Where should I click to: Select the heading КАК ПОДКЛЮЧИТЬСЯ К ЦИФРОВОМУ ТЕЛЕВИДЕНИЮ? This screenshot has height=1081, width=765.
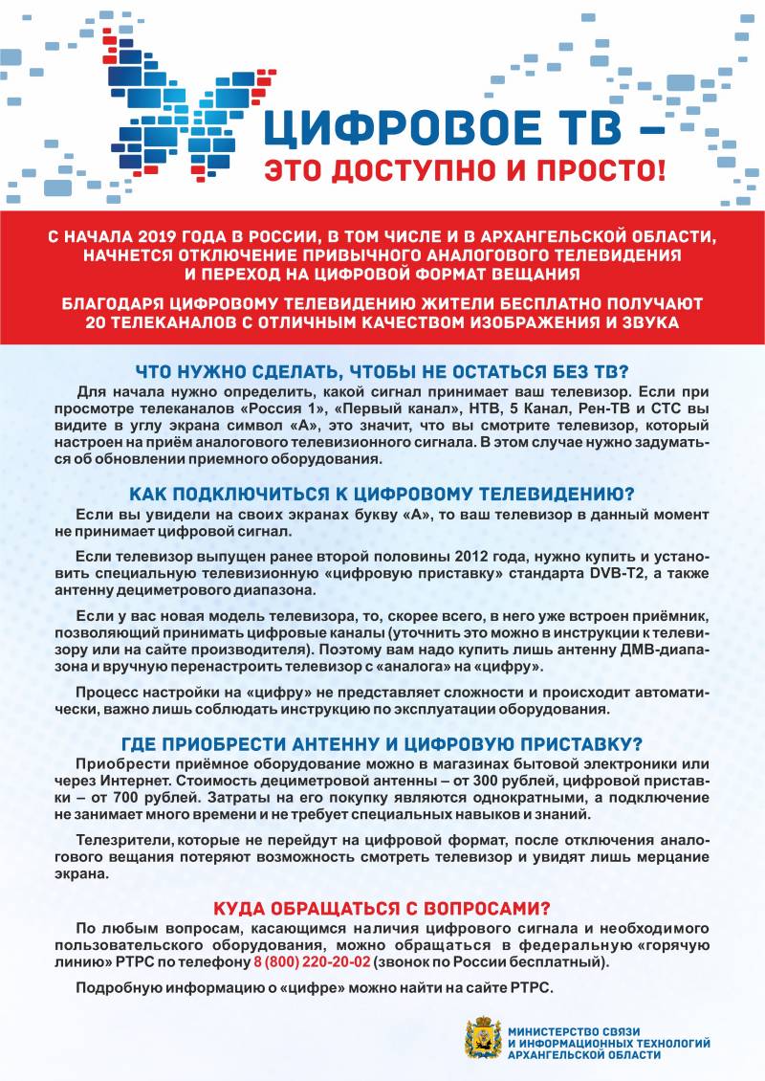(382, 494)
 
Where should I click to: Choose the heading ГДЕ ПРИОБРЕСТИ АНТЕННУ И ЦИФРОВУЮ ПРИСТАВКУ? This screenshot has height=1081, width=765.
(382, 743)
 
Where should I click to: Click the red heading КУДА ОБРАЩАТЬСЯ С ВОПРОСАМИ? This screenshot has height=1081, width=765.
(382, 908)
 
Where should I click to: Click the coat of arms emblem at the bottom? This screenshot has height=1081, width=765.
(483, 1038)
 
